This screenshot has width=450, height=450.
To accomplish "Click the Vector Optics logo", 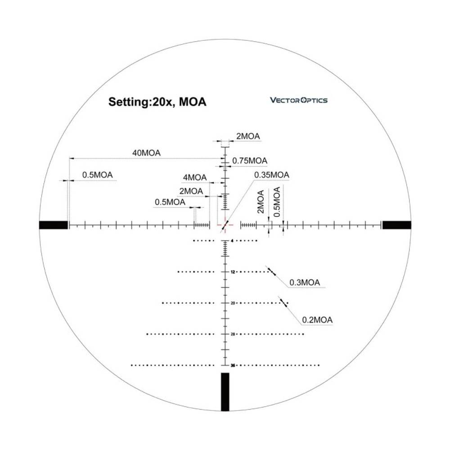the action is coord(298,100).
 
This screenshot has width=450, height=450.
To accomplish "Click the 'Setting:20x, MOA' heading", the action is coord(157,102).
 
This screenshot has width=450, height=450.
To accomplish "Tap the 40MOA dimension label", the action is coord(146,153).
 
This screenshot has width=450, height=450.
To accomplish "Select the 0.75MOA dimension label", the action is coord(250,161).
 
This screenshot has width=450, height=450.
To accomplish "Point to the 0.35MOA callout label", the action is coord(271,175).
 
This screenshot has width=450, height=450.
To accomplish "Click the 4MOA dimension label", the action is coord(195,178).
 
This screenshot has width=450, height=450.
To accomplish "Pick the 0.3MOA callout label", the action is coord(305,283).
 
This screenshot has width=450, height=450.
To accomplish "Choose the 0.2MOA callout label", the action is coord(317,319).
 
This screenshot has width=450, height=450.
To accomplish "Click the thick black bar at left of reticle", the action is coord(54,225).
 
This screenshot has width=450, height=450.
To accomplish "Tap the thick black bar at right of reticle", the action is coord(396,225).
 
